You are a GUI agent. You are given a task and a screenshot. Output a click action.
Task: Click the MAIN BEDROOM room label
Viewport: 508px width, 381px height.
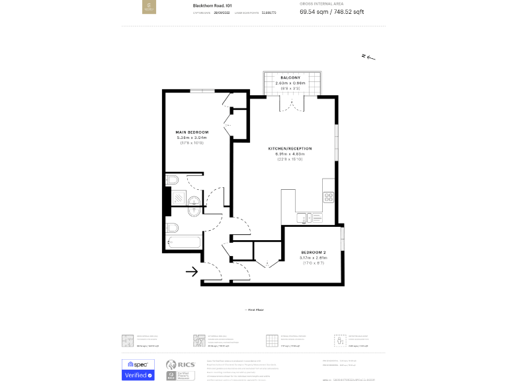[192, 132]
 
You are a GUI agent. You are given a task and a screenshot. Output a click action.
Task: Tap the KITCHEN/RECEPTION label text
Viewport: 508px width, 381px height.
[290, 148]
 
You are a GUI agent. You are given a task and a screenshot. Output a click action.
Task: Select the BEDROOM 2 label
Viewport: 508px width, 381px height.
[314, 253]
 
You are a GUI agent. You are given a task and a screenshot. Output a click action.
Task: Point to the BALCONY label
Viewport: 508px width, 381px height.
[290, 78]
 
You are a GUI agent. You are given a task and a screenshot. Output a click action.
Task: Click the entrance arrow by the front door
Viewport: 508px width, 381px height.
[192, 271]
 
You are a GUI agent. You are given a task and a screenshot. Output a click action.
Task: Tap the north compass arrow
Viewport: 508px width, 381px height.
[368, 58]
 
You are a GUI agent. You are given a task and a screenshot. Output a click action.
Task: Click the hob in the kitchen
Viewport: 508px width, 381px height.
[328, 196]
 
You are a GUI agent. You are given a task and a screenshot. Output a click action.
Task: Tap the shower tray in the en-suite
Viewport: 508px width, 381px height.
[179, 197]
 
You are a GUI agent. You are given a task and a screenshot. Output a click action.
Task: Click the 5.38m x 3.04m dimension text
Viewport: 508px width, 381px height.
[192, 138]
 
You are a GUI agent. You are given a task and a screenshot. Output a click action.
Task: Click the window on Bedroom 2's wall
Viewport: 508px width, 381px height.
[342, 238]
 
